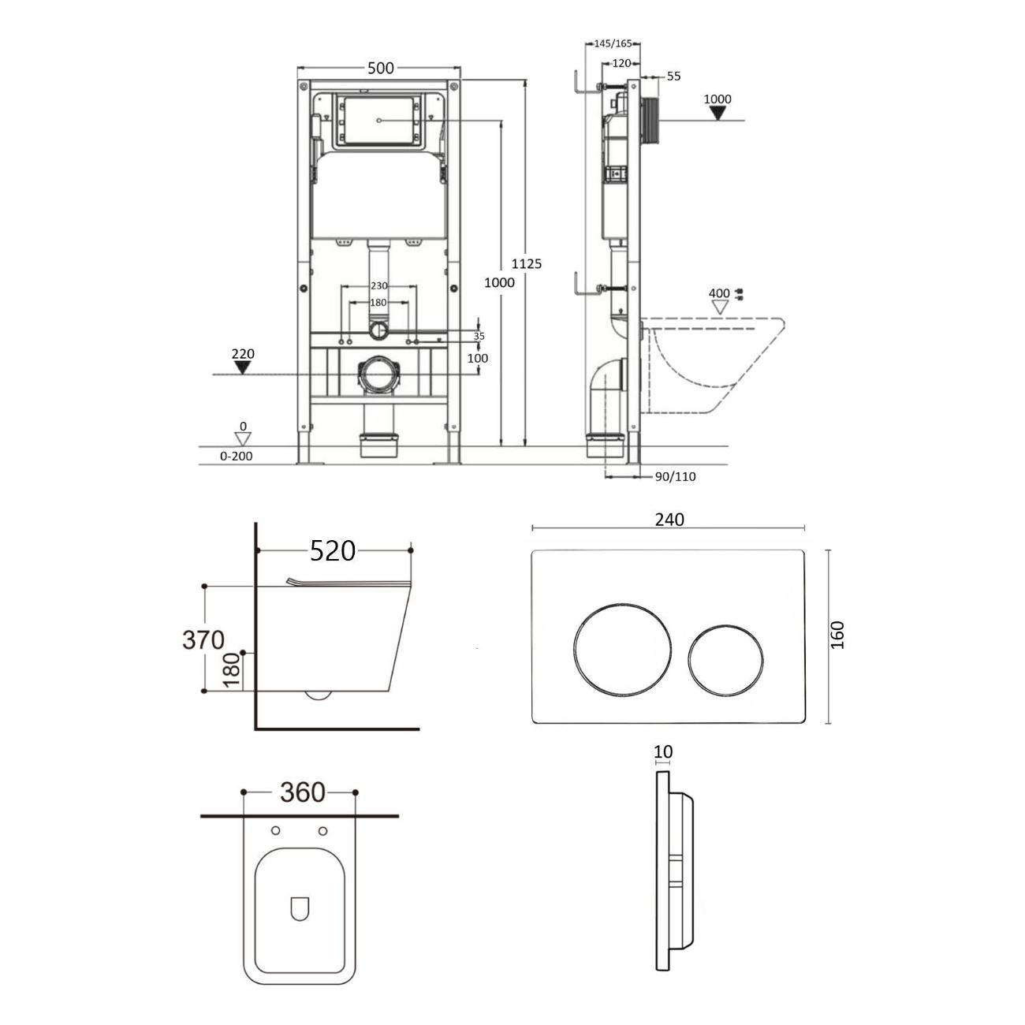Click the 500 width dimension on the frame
[381, 68]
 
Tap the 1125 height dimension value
[526, 263]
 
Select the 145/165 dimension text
[613, 43]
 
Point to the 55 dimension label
[673, 76]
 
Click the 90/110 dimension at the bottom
[675, 476]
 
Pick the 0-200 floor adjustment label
[237, 456]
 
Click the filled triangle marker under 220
[243, 367]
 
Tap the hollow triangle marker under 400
[720, 307]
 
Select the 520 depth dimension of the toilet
[333, 550]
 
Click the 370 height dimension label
[203, 639]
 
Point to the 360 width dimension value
[303, 792]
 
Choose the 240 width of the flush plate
[669, 519]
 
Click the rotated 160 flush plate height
[837, 635]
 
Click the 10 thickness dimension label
[663, 751]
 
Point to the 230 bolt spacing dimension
[378, 285]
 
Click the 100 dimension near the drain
[478, 358]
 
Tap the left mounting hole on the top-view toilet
[276, 831]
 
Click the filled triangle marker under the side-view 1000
[718, 113]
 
